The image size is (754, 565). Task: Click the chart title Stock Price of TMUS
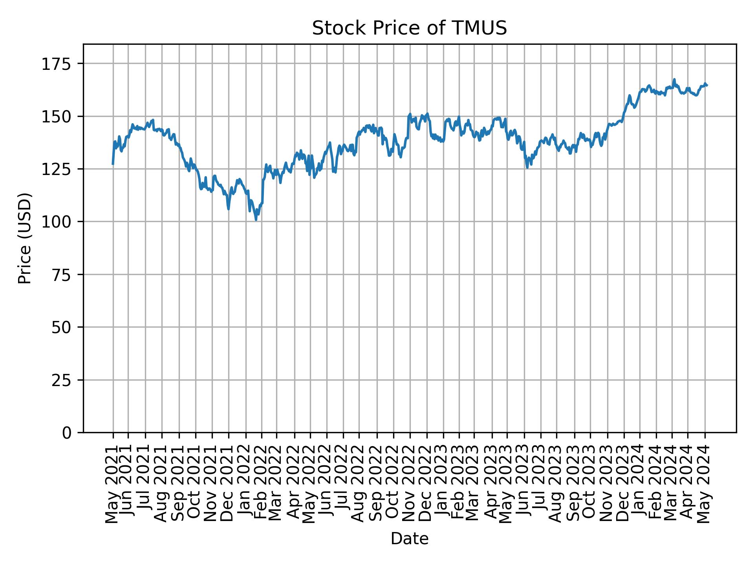(409, 29)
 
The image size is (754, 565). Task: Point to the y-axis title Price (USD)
(25, 238)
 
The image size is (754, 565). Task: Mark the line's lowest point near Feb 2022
(256, 220)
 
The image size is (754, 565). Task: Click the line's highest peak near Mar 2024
(674, 79)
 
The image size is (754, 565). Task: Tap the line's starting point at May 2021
(113, 164)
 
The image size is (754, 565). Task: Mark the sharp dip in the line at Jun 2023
(527, 168)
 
